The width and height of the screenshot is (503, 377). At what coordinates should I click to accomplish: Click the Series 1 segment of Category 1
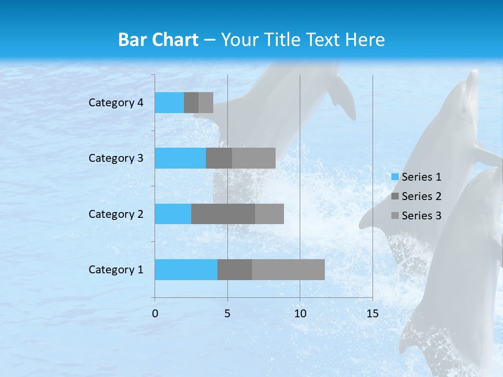click(186, 270)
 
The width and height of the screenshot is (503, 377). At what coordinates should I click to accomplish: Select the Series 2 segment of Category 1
click(235, 270)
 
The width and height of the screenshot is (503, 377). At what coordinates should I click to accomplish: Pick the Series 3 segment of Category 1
click(288, 270)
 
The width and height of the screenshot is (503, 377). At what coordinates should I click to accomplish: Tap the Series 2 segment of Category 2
click(223, 214)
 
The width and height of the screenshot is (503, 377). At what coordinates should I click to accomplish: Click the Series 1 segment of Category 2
click(173, 214)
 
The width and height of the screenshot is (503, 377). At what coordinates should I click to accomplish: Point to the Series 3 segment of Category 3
click(254, 158)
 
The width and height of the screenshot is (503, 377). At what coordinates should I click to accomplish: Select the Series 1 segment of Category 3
click(180, 158)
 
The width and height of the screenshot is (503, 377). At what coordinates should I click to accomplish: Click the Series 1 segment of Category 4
click(169, 103)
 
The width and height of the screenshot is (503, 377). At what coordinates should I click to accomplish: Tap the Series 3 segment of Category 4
click(206, 103)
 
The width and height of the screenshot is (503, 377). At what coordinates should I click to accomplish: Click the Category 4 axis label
click(116, 103)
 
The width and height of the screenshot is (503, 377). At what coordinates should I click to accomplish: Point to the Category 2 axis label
click(116, 214)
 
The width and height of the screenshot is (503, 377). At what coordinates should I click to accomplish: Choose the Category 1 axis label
click(116, 270)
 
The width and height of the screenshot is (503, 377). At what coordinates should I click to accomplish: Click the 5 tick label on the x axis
click(227, 314)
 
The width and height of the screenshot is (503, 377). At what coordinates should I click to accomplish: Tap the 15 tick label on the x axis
click(372, 314)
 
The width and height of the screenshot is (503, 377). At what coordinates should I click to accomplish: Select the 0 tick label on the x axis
click(155, 314)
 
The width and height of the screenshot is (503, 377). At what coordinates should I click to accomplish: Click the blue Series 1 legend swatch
click(395, 177)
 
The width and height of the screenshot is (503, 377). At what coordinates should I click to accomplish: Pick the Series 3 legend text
click(421, 216)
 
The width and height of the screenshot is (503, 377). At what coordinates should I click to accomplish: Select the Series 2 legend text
click(421, 196)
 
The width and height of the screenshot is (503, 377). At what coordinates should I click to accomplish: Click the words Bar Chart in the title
click(158, 40)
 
